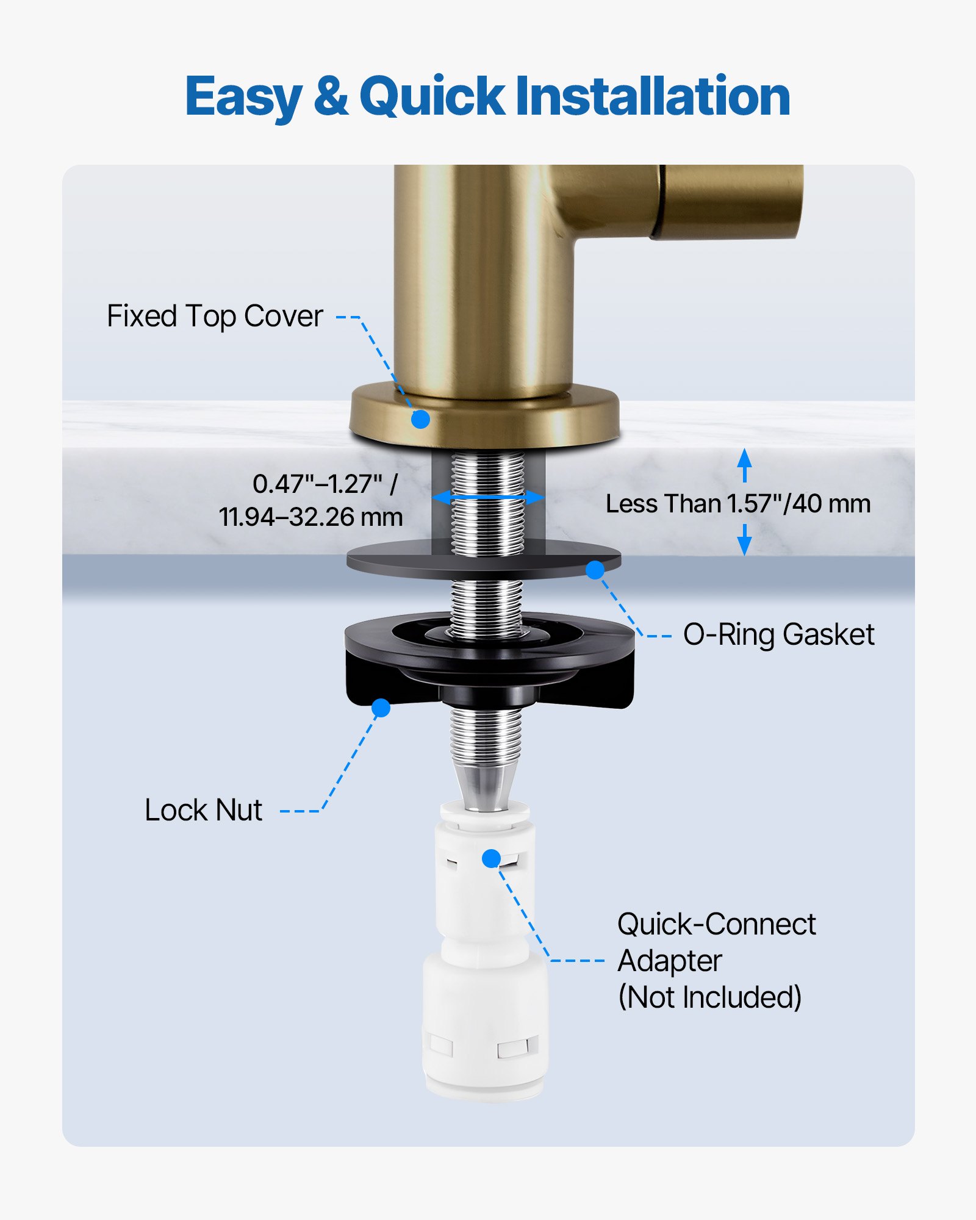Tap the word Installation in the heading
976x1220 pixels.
pos(653,96)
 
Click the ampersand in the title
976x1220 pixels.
pos(331,96)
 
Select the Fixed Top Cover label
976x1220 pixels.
pos(215,316)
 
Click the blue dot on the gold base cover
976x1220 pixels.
pos(420,419)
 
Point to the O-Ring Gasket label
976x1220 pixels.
pos(778,634)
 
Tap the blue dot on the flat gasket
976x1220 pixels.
pos(595,570)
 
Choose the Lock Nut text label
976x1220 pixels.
pos(203,810)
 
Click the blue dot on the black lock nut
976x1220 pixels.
pos(381,708)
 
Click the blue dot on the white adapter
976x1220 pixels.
pos(491,858)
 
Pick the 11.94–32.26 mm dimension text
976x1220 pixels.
pos(310,517)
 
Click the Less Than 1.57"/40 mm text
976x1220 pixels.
pos(737,504)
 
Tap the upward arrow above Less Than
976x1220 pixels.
pos(744,464)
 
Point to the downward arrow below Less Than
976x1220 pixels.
pos(744,541)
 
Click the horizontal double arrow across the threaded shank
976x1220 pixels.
pos(487,497)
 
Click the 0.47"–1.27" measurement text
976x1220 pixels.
pos(325,484)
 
